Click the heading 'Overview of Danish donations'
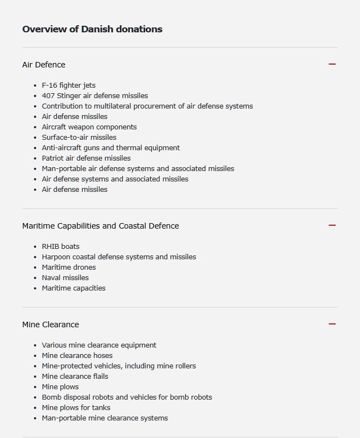tap(92, 29)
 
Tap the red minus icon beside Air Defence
tap(332, 64)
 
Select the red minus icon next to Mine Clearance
tap(332, 324)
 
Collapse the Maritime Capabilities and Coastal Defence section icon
tap(332, 225)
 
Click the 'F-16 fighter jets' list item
tap(68, 86)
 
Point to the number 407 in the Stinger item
tap(48, 96)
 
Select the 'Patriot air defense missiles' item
tap(86, 158)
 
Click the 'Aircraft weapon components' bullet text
tap(89, 127)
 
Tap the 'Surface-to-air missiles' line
tap(79, 138)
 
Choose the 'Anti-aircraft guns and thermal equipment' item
tap(111, 148)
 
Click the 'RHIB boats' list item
tap(60, 247)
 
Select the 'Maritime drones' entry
tap(68, 268)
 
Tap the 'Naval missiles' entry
tap(65, 278)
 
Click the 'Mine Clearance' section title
tap(50, 325)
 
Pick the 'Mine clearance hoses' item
tap(77, 356)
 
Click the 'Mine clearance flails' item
tap(75, 377)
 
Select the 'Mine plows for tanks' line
tap(76, 408)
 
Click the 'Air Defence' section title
tap(43, 65)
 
